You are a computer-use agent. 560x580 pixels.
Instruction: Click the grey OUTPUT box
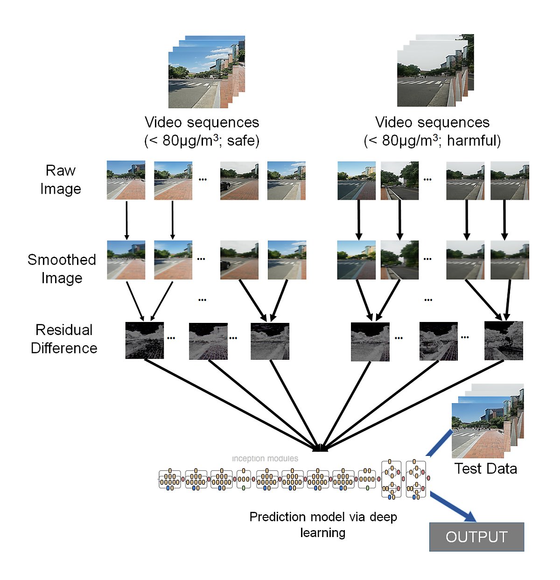[476, 537]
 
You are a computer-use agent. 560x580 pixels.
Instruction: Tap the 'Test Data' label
[486, 468]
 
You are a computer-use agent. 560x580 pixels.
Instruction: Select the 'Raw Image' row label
[61, 180]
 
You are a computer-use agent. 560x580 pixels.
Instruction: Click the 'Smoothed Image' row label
[62, 269]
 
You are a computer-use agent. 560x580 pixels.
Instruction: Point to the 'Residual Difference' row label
[64, 339]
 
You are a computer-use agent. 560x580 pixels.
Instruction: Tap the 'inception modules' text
[265, 459]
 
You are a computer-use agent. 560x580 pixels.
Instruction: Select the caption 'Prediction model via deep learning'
[323, 524]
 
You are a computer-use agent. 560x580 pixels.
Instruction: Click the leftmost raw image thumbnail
[126, 180]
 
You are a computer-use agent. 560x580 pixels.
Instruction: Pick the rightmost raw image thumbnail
[510, 181]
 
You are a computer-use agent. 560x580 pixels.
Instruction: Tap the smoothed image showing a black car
[239, 260]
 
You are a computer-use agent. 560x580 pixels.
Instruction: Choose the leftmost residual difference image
[145, 341]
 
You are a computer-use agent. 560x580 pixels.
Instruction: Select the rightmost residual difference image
[504, 341]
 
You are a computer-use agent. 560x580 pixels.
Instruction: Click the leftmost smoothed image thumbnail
[126, 260]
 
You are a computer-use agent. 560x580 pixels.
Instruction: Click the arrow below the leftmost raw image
[126, 220]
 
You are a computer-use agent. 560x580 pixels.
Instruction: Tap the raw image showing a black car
[239, 181]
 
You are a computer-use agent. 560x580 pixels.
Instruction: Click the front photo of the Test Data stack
[478, 430]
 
